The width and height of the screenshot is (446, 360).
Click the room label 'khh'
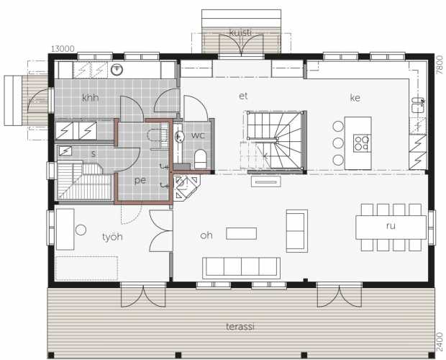coord(90,98)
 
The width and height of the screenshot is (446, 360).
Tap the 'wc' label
coord(198,135)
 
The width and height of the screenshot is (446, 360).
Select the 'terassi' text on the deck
coord(240,326)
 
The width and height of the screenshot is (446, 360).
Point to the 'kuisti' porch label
coord(241,32)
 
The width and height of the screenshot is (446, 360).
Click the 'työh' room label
coord(112,237)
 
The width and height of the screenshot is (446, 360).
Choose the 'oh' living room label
coord(206,235)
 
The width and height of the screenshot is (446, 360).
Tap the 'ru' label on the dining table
coord(391,226)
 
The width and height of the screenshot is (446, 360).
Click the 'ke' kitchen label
coord(355,98)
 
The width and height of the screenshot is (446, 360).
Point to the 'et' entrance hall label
coord(243,96)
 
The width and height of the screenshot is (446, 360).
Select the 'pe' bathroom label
coord(140,181)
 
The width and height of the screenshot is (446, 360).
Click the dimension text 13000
coord(63,49)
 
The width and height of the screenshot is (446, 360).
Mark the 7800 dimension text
coord(440,66)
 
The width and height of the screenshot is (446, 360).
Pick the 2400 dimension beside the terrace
coord(440,342)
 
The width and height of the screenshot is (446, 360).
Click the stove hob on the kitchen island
coord(362,143)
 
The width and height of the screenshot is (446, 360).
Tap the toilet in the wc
coord(200,159)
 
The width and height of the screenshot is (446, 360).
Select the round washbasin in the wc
coord(179,137)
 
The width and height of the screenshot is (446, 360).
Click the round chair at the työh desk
coord(81,230)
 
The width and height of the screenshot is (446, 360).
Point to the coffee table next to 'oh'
coord(242,233)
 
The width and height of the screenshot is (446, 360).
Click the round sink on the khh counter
coord(117,70)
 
